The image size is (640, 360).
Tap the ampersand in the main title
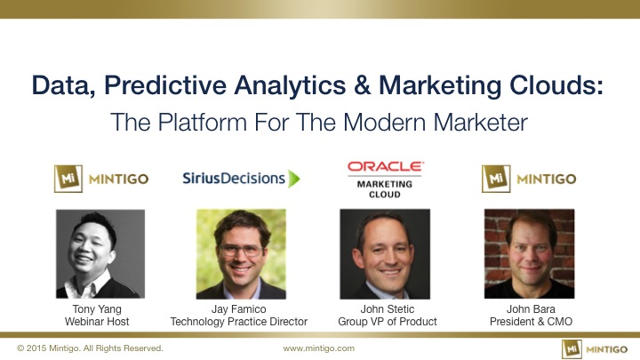tap(363, 85)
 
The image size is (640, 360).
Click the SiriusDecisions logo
tap(241, 179)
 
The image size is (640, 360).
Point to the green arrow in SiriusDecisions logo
tap(294, 179)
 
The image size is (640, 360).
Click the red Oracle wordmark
tap(386, 166)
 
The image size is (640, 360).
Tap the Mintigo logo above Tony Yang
tap(101, 179)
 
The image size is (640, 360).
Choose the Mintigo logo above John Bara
tap(529, 179)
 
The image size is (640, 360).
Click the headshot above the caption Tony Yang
tap(100, 253)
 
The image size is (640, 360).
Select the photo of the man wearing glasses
tap(241, 254)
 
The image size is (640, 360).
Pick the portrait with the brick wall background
tap(530, 253)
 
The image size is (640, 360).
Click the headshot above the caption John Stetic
tap(385, 254)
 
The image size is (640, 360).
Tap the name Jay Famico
tap(239, 309)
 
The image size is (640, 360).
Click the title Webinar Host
tap(97, 322)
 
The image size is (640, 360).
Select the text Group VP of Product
tap(388, 322)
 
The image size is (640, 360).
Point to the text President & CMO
tap(531, 322)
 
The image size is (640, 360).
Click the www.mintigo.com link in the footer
tap(319, 348)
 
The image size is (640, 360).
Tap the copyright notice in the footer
tap(90, 348)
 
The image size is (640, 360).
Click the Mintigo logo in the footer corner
tap(595, 349)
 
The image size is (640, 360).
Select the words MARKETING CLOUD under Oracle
tap(385, 189)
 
